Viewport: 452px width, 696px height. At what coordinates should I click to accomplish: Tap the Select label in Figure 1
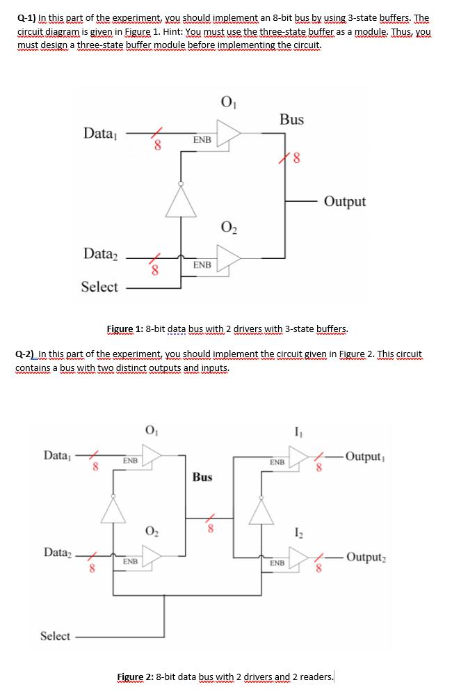point(99,287)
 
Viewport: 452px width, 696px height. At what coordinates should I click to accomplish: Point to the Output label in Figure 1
point(345,202)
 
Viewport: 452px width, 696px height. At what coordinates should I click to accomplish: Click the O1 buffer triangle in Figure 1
point(229,132)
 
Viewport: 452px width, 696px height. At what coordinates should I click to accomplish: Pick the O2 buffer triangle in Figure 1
point(229,257)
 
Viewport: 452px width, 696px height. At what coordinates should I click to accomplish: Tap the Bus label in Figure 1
point(291,120)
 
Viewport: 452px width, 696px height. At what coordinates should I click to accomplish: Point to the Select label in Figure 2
point(55,635)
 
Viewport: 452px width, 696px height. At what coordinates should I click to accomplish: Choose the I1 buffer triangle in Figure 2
point(300,456)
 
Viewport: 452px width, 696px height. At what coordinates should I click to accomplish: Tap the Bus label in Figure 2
point(202,477)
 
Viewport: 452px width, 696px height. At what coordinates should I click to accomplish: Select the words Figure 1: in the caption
point(125,329)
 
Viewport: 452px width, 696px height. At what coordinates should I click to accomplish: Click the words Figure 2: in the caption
point(136,677)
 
